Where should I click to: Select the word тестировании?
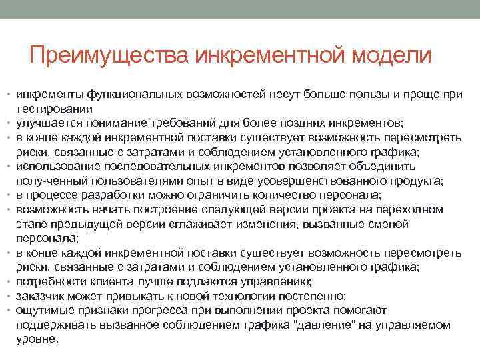click(54, 109)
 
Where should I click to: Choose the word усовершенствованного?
click(307, 181)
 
